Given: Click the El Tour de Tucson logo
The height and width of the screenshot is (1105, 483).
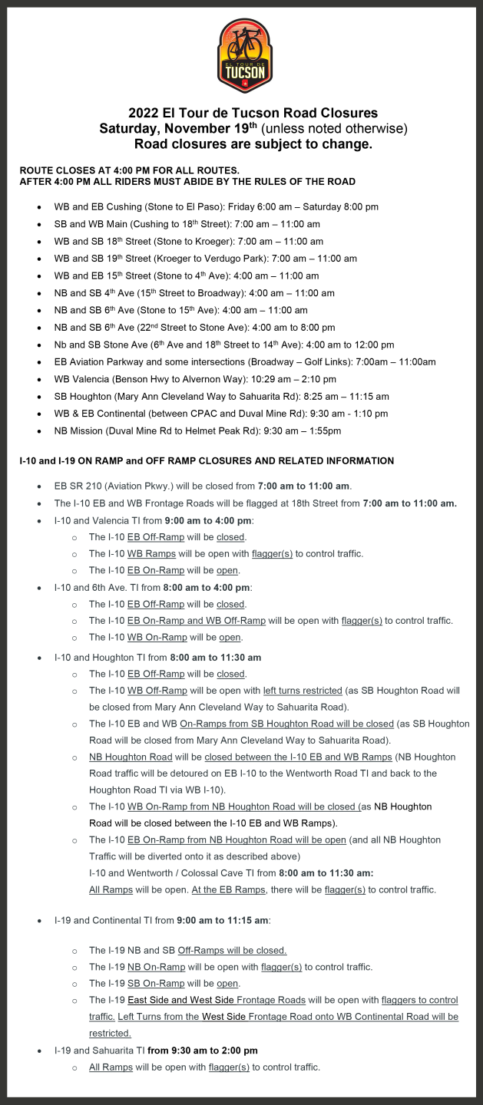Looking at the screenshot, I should click(245, 56).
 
